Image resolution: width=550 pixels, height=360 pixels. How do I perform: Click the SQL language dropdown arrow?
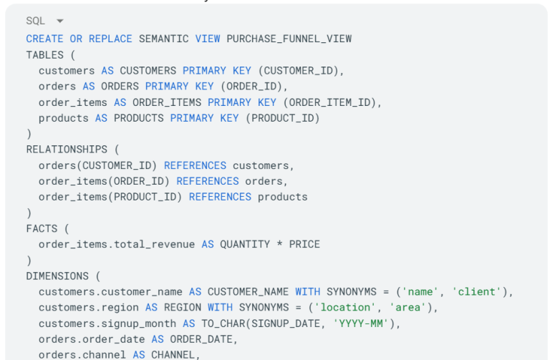pyautogui.click(x=59, y=21)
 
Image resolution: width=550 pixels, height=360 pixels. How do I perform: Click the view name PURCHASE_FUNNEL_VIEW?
pyautogui.click(x=289, y=39)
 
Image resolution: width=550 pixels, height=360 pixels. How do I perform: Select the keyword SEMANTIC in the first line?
pyautogui.click(x=163, y=39)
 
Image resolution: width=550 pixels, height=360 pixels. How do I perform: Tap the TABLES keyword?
pyautogui.click(x=45, y=55)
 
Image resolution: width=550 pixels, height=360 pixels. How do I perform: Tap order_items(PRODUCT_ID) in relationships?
pyautogui.click(x=110, y=197)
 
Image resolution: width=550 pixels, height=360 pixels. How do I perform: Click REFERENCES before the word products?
pyautogui.click(x=220, y=197)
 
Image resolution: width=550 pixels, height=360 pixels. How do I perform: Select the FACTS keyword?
pyautogui.click(x=42, y=228)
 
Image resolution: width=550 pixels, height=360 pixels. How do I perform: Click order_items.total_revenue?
pyautogui.click(x=117, y=244)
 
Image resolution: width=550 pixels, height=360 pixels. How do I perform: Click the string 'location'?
pyautogui.click(x=347, y=307)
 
